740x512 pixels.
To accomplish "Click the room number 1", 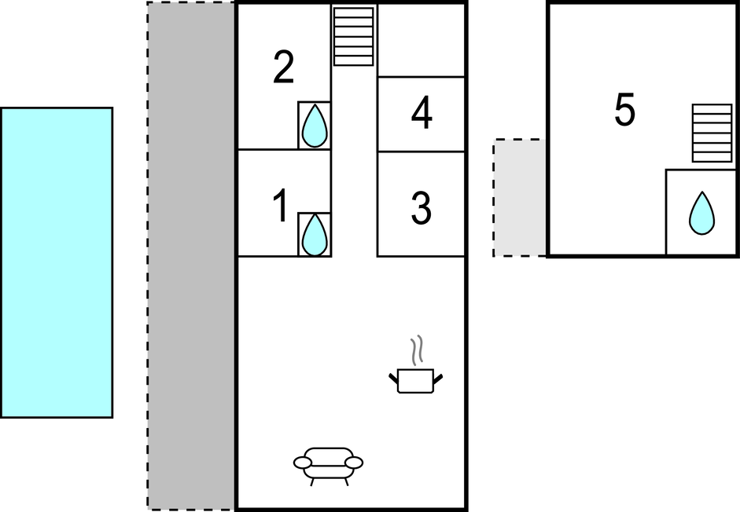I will pos(280,207).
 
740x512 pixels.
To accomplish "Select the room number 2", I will pos(283,68).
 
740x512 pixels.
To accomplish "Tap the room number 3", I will pos(421,208).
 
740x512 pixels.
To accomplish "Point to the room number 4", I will pos(422,115).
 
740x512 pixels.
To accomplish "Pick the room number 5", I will pos(624,112).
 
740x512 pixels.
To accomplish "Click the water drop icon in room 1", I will pos(315,234).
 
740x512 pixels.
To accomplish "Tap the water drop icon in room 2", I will pos(315,126).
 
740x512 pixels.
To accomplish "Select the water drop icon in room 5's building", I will pos(701,213).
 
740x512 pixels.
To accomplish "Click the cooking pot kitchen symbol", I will pos(416,380).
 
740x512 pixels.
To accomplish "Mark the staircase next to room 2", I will pos(353,36).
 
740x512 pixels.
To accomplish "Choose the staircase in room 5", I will pos(712,133).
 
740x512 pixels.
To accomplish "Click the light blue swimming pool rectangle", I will pos(57,262).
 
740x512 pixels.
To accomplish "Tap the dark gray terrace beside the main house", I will pos(191,255).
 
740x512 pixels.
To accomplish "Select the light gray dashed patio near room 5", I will pos(520,198).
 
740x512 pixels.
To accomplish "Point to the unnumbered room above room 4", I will pos(421,40).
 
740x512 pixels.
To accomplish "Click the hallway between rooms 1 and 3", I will pos(354,204).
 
